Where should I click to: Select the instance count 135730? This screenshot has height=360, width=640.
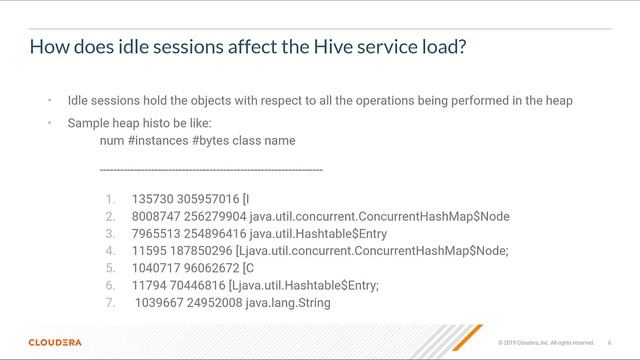pos(153,198)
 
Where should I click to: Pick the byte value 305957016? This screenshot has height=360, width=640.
pos(210,198)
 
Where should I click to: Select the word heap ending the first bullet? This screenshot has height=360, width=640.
pos(558,101)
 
